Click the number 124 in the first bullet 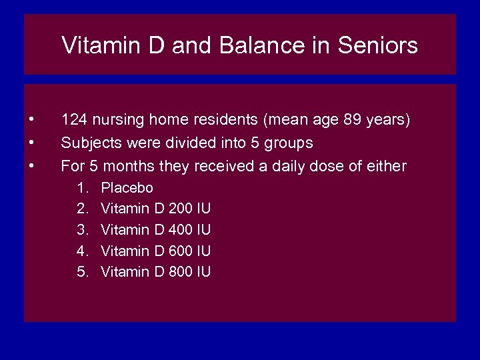[x=74, y=121]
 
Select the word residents [x=228, y=121]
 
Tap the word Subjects [x=91, y=143]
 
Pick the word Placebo [x=127, y=188]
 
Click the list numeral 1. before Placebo [x=83, y=188]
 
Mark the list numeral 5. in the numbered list [x=83, y=271]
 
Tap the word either [x=386, y=165]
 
